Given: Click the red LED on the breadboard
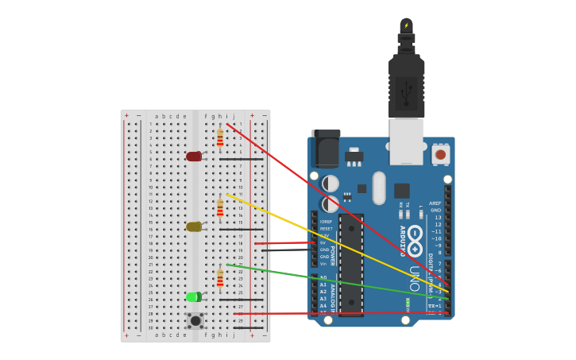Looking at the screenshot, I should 194,157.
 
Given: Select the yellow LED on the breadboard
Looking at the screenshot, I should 194,226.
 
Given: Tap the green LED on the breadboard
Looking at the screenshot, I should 194,297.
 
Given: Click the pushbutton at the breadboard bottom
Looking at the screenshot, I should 195,320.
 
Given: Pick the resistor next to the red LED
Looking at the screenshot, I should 220,139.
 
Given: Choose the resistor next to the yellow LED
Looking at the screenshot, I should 220,208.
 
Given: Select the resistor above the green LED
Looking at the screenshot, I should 220,278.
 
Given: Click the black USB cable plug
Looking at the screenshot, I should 406,87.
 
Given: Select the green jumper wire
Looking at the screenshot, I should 334,279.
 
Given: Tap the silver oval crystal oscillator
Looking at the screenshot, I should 379,188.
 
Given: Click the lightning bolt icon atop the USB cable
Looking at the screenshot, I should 406,25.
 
